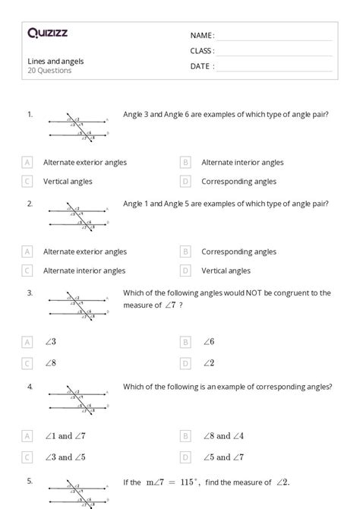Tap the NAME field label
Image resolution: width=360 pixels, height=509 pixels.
(202, 36)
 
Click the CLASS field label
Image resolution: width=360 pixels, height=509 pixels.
(202, 51)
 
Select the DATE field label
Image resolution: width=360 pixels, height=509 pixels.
(202, 66)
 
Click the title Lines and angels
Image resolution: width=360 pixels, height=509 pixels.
(55, 61)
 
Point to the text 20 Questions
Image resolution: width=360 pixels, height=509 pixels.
(49, 71)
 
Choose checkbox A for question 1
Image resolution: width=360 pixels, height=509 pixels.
(27, 162)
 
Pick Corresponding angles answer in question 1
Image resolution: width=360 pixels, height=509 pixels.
(238, 182)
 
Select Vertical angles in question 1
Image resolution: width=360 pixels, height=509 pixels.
(68, 182)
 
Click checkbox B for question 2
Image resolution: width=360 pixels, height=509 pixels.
(185, 251)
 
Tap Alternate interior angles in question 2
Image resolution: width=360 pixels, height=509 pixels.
(84, 270)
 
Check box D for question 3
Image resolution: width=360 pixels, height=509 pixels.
(185, 362)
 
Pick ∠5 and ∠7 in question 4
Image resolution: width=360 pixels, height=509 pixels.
(223, 457)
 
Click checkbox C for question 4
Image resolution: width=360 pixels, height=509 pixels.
(27, 457)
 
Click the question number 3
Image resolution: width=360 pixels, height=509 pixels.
(30, 292)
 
